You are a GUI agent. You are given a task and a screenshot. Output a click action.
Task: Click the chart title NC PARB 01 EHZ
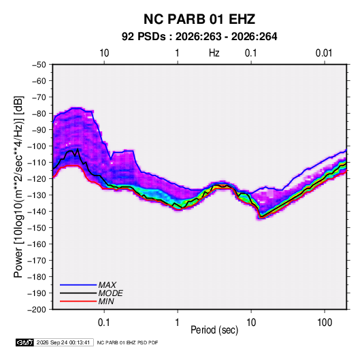point(199,19)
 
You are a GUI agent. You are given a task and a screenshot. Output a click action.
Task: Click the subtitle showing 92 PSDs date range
point(199,37)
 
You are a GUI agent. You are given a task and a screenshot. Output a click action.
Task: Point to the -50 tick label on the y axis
point(39,65)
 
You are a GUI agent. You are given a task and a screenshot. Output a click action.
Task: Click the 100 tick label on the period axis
point(325,323)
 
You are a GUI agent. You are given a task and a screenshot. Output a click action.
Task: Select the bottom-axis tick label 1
point(178,323)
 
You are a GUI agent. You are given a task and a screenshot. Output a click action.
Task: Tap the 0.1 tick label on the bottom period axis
point(104,323)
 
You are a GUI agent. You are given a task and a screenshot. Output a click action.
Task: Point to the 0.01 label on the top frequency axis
point(324,53)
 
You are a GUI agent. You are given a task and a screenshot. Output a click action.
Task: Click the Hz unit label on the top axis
point(214,53)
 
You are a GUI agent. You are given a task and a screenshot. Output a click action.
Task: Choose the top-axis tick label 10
point(104,53)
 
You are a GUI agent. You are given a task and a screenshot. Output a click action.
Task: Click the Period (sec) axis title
point(214,330)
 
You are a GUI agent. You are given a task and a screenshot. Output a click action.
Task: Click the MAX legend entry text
point(107,284)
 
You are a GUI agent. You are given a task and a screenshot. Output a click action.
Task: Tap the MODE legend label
point(110,293)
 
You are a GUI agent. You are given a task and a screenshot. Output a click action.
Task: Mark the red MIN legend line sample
point(78,301)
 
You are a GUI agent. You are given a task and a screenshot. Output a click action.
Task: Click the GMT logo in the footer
point(25,342)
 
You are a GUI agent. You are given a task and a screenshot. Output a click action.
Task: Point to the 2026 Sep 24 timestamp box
point(63,342)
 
